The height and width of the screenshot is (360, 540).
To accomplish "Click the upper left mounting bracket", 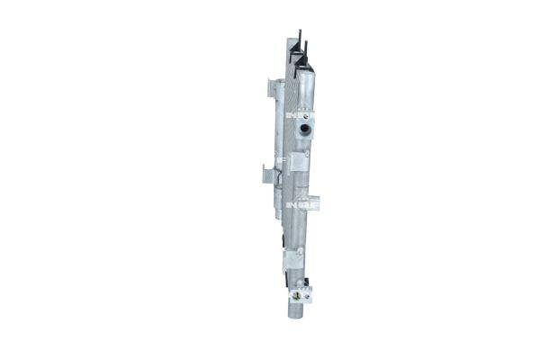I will click(271, 86).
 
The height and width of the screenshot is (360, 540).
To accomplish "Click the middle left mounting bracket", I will click(266, 175).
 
